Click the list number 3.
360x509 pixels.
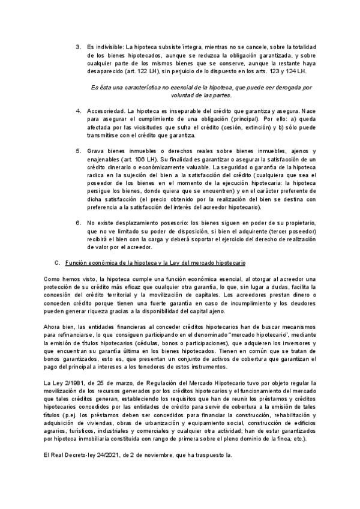coord(78,47)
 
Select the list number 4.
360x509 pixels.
coord(78,112)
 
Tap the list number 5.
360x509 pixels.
coord(78,150)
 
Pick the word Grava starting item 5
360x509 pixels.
coord(96,150)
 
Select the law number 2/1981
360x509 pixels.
coord(70,382)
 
